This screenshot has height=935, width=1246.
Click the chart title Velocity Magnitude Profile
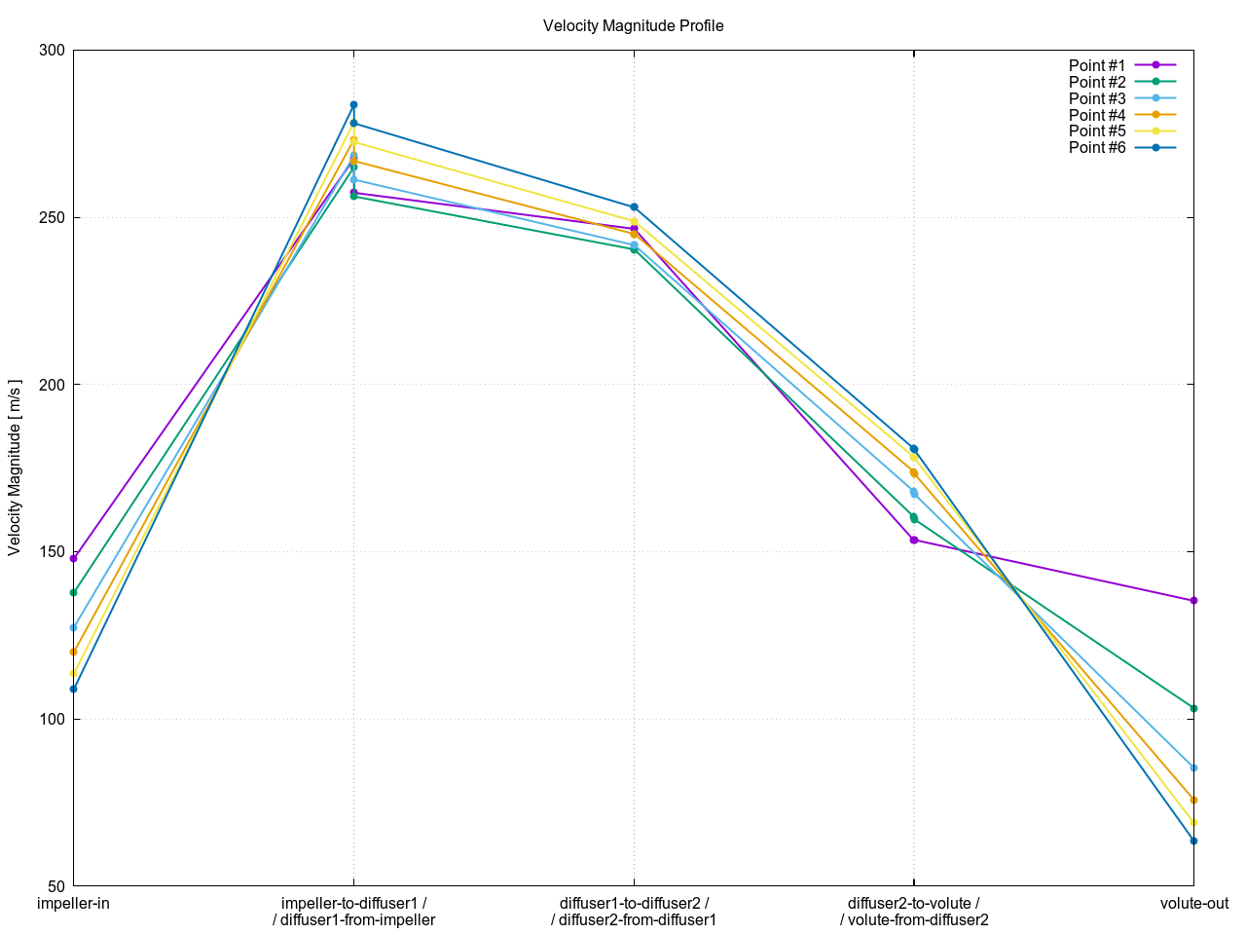tap(633, 26)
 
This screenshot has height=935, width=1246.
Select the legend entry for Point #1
tap(1097, 66)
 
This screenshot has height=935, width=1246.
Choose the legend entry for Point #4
tap(1097, 115)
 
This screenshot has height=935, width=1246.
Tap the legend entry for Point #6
tap(1097, 148)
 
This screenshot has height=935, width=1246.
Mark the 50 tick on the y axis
tap(55, 886)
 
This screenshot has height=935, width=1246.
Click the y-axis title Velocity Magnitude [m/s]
tap(15, 467)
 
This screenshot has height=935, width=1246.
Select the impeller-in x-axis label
tap(73, 904)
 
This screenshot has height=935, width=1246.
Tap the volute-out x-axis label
tap(1193, 904)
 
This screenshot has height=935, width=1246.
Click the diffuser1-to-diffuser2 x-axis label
tap(634, 912)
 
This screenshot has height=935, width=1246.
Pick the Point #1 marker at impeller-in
tap(73, 559)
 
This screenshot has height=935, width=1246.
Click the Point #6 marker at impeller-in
tap(73, 689)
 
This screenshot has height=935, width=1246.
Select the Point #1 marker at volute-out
tap(1193, 600)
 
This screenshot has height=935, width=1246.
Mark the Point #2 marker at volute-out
tap(1193, 708)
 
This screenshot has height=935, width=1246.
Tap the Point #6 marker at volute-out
tap(1193, 841)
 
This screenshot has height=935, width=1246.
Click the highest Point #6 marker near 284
tap(353, 104)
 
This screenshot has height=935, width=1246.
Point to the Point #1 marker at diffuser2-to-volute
tap(914, 540)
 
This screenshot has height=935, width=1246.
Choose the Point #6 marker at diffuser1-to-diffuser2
tap(634, 206)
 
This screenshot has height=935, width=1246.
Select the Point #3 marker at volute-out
tap(1193, 767)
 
